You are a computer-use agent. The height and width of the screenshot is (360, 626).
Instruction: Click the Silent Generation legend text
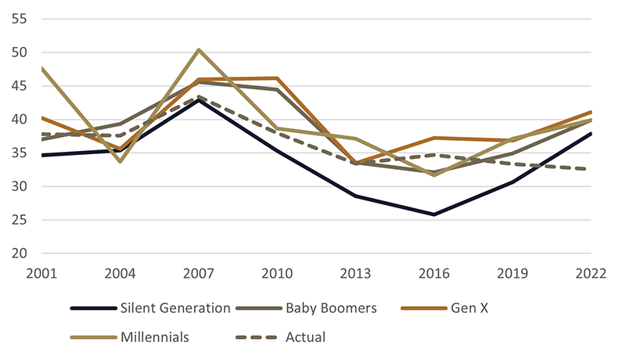[x=176, y=308]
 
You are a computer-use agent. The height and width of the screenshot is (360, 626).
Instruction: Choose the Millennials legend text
[x=155, y=337]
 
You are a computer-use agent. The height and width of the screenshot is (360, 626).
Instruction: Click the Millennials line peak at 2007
[x=199, y=49]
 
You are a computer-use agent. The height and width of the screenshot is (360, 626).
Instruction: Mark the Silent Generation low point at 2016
[x=434, y=214]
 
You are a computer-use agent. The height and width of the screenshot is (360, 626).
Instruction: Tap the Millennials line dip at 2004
[x=120, y=161]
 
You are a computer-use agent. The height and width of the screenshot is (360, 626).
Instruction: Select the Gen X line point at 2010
[x=277, y=78]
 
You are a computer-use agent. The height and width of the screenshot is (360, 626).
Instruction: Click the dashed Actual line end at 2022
[x=590, y=169]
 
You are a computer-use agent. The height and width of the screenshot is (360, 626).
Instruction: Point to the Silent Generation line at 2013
[x=355, y=196]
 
